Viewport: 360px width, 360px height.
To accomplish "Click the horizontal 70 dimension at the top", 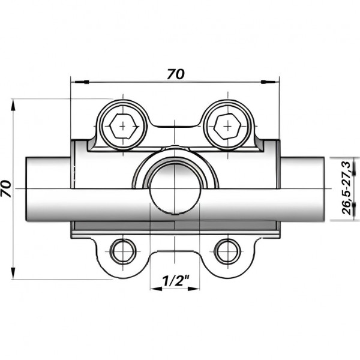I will [175, 74].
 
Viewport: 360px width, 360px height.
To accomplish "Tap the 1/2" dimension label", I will [175, 279].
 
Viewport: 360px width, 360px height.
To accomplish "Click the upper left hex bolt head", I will [123, 127].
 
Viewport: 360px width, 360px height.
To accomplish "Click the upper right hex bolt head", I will [227, 127].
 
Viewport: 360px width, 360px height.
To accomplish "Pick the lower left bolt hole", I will [123, 251].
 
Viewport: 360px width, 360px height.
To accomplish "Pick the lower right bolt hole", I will [227, 251].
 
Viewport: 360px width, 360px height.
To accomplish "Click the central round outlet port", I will [175, 187].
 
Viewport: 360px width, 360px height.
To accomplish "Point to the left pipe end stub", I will [48, 188].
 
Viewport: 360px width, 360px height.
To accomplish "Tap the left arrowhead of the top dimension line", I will [76, 81].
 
